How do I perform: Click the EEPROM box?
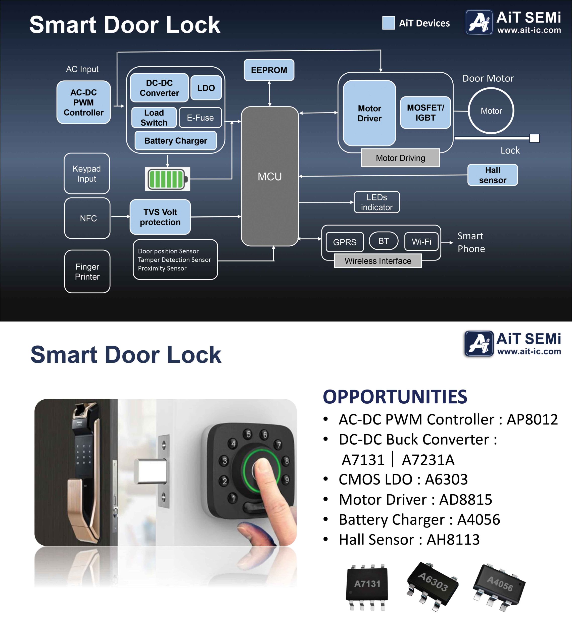click(269, 70)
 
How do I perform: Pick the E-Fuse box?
click(200, 118)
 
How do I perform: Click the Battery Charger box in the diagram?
click(175, 141)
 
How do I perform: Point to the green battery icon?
click(167, 179)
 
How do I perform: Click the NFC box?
click(87, 218)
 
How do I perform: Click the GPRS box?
click(345, 242)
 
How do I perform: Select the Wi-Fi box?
click(421, 242)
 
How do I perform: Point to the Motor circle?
click(491, 111)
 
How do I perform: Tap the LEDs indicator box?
click(376, 202)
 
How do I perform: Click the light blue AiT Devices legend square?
click(389, 23)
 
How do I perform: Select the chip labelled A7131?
click(367, 584)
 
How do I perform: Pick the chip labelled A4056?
click(500, 584)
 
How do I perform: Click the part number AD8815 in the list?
click(466, 500)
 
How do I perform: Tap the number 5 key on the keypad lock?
click(249, 434)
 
